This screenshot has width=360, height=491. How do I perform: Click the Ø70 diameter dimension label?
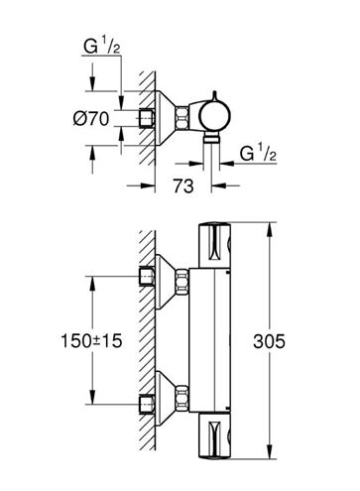coord(91,118)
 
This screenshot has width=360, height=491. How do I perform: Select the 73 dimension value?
coord(183,185)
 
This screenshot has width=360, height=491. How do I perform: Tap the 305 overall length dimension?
coord(269,341)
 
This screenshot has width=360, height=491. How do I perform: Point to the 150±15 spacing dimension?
coord(91,341)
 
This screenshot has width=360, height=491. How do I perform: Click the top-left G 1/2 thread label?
coord(101,46)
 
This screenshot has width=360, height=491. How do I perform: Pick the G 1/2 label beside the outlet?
coord(258,153)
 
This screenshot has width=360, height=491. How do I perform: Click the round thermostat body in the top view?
coord(215,116)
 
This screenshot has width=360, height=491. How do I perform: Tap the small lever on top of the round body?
coord(214,95)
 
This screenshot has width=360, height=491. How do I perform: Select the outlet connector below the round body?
coord(211,137)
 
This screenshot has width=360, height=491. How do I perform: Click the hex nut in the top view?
coord(181,117)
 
